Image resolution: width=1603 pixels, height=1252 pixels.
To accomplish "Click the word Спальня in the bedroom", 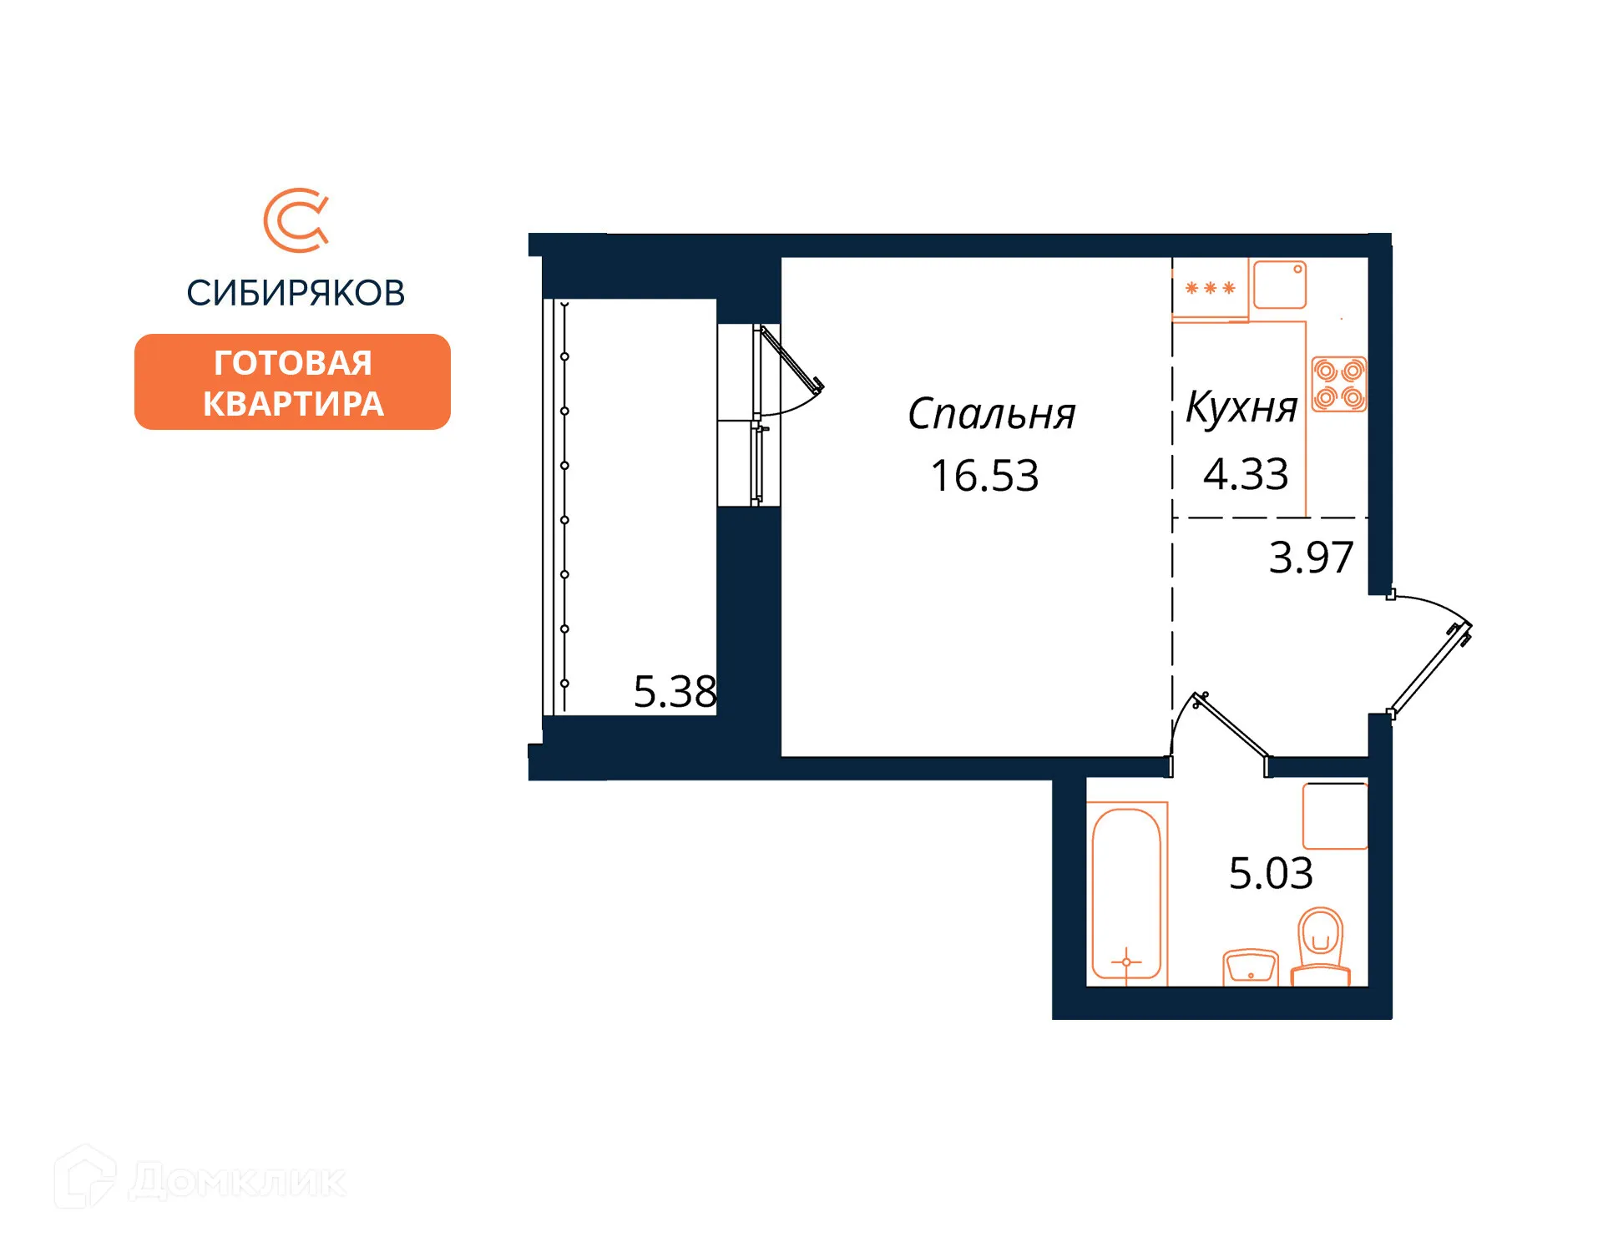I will tap(991, 414).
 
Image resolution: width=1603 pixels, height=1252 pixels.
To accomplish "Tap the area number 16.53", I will tap(984, 476).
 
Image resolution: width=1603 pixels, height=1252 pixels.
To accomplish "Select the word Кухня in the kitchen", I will tap(1241, 408).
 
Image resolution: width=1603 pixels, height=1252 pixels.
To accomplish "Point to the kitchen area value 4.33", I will tap(1246, 474).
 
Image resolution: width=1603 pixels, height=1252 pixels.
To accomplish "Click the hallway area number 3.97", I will tap(1311, 558).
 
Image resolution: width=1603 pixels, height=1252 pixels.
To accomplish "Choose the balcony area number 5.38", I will tap(675, 692).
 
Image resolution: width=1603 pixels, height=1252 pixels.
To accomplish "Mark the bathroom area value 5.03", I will tap(1271, 874).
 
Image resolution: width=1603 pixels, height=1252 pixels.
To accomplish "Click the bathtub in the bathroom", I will tap(1126, 893).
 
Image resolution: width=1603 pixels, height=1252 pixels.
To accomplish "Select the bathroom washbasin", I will tap(1250, 967).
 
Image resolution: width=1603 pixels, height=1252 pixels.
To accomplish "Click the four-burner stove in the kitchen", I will tap(1338, 384).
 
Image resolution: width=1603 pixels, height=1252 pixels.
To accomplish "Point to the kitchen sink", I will tap(1279, 285).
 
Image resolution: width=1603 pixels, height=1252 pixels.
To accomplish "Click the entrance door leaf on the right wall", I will tap(1430, 669).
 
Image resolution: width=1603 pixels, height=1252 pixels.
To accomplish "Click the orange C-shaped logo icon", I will tap(296, 220).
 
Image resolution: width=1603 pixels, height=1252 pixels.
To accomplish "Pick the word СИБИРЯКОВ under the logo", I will tap(296, 293).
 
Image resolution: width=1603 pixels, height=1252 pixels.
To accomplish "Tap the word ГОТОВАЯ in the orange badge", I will tap(292, 363).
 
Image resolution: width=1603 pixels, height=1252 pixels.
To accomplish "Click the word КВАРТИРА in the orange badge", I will tap(293, 404).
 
